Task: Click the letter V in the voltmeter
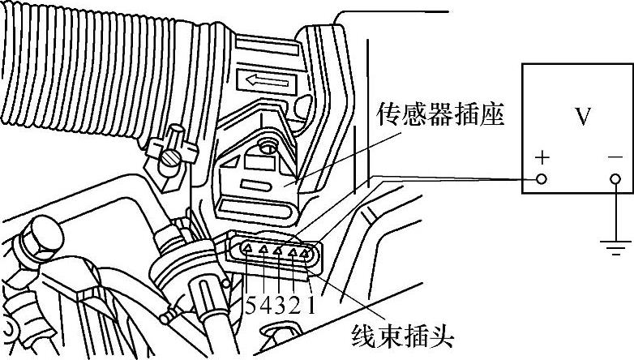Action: coord(583,118)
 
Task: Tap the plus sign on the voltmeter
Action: coord(540,158)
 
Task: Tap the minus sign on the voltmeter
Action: coord(615,158)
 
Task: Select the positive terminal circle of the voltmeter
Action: coord(541,178)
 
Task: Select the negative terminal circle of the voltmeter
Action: coord(615,178)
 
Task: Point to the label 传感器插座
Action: coord(441,117)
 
